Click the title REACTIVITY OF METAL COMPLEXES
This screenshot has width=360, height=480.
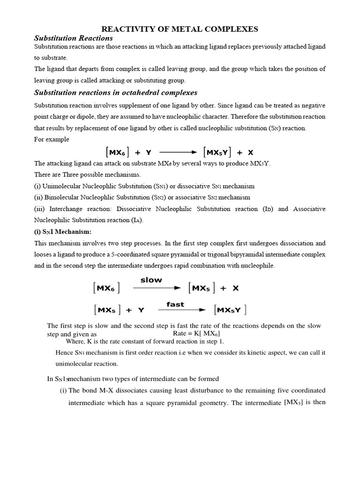[180, 29]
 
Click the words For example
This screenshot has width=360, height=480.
[52, 139]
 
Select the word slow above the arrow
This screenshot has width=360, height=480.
[151, 280]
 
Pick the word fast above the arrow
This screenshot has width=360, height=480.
[175, 304]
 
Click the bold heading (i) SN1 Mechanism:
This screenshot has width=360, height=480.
[64, 232]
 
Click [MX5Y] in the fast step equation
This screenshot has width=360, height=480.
[230, 310]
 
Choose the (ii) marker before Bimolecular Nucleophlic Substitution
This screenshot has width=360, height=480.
[39, 197]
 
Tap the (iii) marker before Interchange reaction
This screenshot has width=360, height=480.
[40, 209]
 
